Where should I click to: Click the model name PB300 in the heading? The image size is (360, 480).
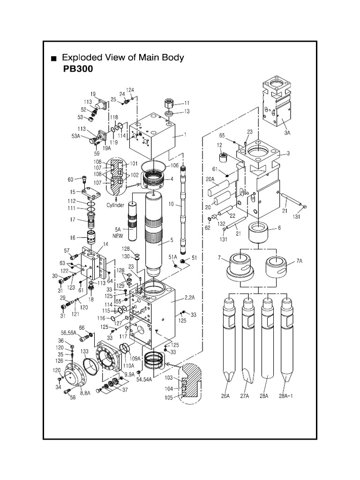click(75, 69)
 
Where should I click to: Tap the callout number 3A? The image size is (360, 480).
click(287, 133)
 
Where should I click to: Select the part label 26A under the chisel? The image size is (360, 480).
click(226, 396)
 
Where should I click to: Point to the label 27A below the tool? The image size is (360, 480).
click(245, 396)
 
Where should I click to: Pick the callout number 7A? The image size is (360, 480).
click(300, 265)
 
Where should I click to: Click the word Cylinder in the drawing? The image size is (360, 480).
click(115, 205)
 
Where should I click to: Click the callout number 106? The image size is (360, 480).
click(175, 165)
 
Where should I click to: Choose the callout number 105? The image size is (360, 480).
click(169, 397)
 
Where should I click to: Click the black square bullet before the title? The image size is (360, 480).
click(54, 59)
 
